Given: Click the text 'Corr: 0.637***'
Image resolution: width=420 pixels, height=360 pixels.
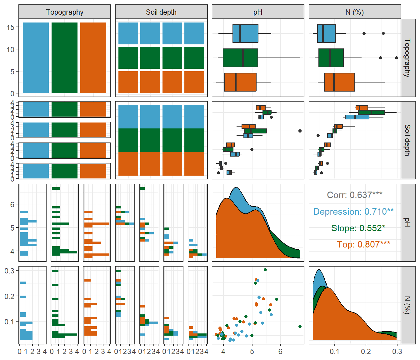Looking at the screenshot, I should click(355, 195).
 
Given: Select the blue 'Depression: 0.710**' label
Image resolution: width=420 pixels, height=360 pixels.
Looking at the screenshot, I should click(353, 212).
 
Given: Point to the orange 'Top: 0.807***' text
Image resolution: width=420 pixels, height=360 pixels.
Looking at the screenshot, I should click(363, 244).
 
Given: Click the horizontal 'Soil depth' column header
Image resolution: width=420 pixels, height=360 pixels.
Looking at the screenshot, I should click(161, 12).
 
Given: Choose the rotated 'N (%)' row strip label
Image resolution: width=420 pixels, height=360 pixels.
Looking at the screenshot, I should click(407, 305).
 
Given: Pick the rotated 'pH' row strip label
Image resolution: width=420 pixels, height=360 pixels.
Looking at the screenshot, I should click(407, 222).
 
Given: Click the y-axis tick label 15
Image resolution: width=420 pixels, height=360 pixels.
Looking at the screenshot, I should click(10, 27).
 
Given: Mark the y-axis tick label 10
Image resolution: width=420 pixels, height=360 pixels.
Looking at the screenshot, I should click(10, 49).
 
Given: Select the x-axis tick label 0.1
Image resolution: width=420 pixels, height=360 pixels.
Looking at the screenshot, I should click(334, 352).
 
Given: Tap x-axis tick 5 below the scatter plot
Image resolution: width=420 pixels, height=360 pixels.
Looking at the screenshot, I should click(252, 352).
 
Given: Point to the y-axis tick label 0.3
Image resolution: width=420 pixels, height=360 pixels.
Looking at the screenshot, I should click(9, 271).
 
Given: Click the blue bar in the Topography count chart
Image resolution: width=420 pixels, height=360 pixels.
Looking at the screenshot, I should click(36, 58).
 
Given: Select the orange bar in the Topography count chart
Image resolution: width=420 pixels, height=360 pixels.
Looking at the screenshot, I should click(93, 58).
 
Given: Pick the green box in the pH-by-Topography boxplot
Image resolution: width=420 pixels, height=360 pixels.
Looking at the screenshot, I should click(240, 58).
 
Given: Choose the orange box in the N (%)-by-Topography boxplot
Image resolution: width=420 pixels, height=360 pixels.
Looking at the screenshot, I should click(339, 82).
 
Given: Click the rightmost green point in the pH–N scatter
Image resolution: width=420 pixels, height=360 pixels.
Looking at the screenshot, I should click(300, 327).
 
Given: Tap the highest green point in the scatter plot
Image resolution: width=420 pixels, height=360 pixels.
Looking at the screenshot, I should click(265, 270).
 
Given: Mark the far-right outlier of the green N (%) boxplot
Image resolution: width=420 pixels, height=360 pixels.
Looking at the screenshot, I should click(397, 58).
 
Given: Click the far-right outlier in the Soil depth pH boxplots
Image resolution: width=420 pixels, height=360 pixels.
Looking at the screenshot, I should click(300, 131).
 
